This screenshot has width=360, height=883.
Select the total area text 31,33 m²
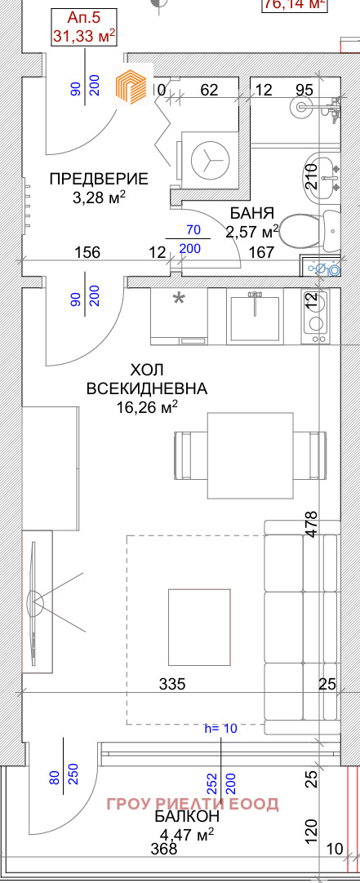(x=83, y=36)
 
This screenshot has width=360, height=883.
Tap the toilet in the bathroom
(x=326, y=228)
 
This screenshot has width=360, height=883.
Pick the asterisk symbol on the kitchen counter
(x=178, y=300)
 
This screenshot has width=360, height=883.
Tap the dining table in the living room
(x=249, y=455)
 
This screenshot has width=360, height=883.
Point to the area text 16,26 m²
(x=147, y=406)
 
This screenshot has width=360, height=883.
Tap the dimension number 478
(x=309, y=522)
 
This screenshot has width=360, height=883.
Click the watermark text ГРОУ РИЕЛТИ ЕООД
(x=193, y=804)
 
